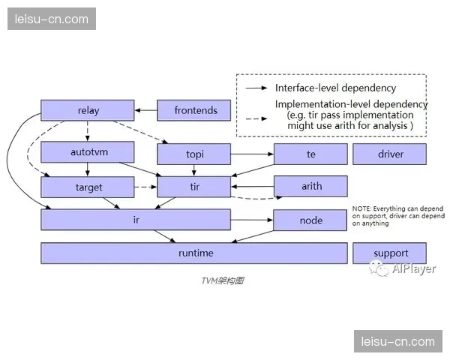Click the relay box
88,111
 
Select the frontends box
196,111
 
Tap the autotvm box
88,152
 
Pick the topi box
195,154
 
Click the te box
310,154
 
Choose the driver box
389,154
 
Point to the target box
88,187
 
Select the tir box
195,187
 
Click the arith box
310,187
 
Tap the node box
310,220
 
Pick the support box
389,253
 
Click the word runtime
195,253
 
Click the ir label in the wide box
136,220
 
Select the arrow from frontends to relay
145,111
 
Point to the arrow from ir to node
251,220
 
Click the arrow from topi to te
251,154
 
